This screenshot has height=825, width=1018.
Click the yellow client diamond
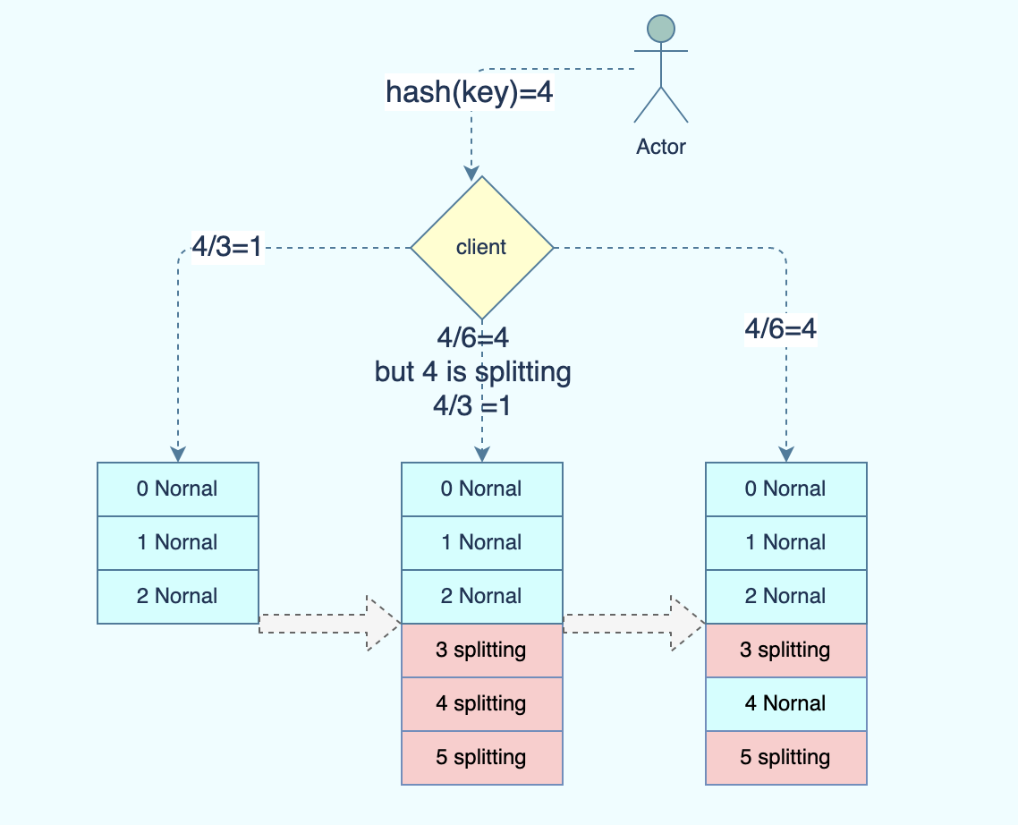(482, 248)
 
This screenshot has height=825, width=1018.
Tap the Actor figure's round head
(661, 30)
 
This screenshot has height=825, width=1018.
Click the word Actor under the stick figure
(661, 147)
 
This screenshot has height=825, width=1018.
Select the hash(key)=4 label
(470, 91)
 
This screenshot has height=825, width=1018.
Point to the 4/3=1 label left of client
(227, 247)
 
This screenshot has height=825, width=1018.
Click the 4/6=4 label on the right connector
(780, 328)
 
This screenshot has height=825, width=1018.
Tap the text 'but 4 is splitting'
(472, 371)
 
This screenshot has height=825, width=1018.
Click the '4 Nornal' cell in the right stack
(786, 703)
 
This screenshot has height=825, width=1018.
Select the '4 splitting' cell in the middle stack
(482, 703)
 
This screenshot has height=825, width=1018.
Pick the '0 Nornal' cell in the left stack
(178, 489)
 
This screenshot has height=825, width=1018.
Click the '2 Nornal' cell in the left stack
(178, 596)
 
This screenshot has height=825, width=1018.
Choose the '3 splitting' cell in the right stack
(786, 651)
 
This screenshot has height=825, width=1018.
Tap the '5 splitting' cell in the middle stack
(482, 757)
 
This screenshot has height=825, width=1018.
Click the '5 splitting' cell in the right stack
(786, 757)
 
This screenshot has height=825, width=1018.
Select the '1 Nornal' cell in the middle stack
(482, 543)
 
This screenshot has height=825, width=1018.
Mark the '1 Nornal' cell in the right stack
(786, 543)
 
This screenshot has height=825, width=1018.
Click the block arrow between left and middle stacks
(330, 624)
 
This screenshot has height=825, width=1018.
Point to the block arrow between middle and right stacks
(633, 624)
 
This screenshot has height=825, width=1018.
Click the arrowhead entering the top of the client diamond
(472, 174)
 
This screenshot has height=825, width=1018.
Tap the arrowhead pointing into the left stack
(178, 454)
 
